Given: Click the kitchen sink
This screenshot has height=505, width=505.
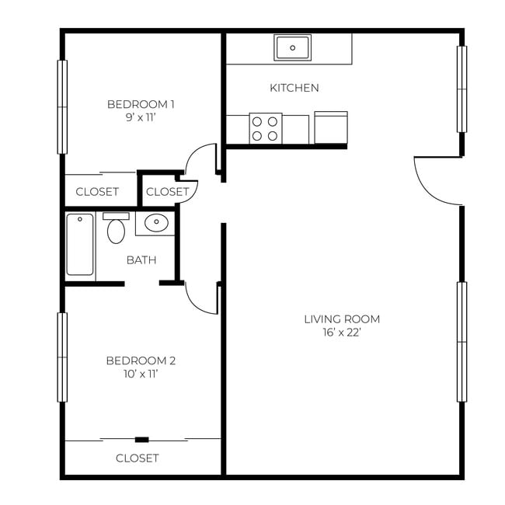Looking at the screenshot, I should [292, 47].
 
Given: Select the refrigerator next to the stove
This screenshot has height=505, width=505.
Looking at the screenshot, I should [330, 128].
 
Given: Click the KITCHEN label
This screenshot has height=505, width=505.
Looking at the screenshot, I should [294, 88].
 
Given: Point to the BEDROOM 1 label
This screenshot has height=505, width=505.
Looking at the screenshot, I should [141, 104].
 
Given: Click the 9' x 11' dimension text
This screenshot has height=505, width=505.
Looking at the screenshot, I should [141, 118].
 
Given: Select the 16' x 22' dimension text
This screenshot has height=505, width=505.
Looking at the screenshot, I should [342, 333].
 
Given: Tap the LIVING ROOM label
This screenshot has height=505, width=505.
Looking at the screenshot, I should [342, 319].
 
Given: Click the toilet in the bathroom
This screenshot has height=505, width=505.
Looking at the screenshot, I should [116, 229].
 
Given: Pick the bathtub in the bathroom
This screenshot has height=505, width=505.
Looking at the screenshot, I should [80, 245].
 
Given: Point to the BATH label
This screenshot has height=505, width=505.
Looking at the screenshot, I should [141, 259].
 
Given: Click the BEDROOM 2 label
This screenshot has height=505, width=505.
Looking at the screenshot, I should [141, 360].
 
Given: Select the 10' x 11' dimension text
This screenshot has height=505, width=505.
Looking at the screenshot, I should [141, 374].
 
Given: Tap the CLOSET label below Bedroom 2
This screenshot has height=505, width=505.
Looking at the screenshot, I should [138, 458].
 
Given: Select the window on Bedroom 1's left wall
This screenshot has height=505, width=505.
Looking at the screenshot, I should [62, 106].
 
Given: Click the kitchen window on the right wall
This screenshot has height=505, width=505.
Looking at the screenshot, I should [461, 89].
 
